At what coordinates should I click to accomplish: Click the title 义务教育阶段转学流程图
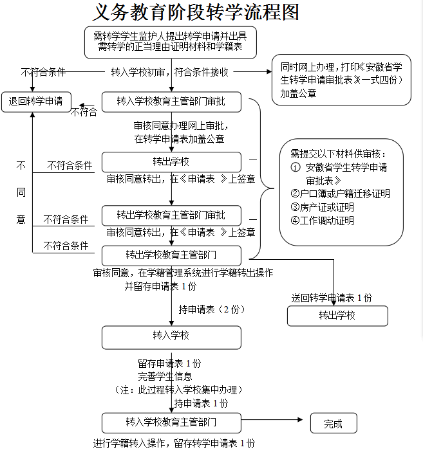pos(196,12)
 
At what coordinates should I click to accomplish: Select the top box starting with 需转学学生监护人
pos(170,41)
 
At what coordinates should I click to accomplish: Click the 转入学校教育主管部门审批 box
pos(171,102)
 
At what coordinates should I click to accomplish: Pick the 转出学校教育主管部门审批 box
pos(171,215)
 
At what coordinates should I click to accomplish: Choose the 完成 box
pos(333,423)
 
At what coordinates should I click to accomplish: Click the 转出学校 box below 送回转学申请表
pos(337,316)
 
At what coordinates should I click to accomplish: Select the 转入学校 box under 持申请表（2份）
pos(171,336)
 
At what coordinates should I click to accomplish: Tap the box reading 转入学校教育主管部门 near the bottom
pos(171,422)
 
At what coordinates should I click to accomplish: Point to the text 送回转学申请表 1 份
pos(332,298)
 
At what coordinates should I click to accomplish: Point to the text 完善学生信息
pos(165,376)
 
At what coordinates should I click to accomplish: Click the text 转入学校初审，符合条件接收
pos(170,72)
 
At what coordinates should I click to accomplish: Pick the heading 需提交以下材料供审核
pos(337,154)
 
